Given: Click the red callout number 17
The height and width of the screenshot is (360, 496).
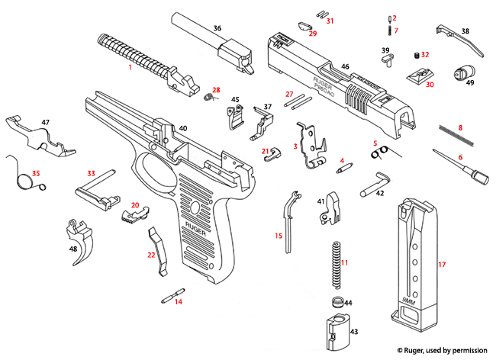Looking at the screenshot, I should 441,265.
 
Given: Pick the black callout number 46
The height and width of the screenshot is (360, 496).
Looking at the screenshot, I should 345,67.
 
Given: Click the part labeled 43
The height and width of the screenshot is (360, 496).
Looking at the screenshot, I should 335,329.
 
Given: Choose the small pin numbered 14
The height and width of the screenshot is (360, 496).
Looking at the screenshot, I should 173,293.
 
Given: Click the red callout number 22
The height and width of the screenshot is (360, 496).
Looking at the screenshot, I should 151,255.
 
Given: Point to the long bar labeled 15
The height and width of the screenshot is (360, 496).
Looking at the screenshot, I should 288,221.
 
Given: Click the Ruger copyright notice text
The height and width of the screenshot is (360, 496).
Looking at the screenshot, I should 442,349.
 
